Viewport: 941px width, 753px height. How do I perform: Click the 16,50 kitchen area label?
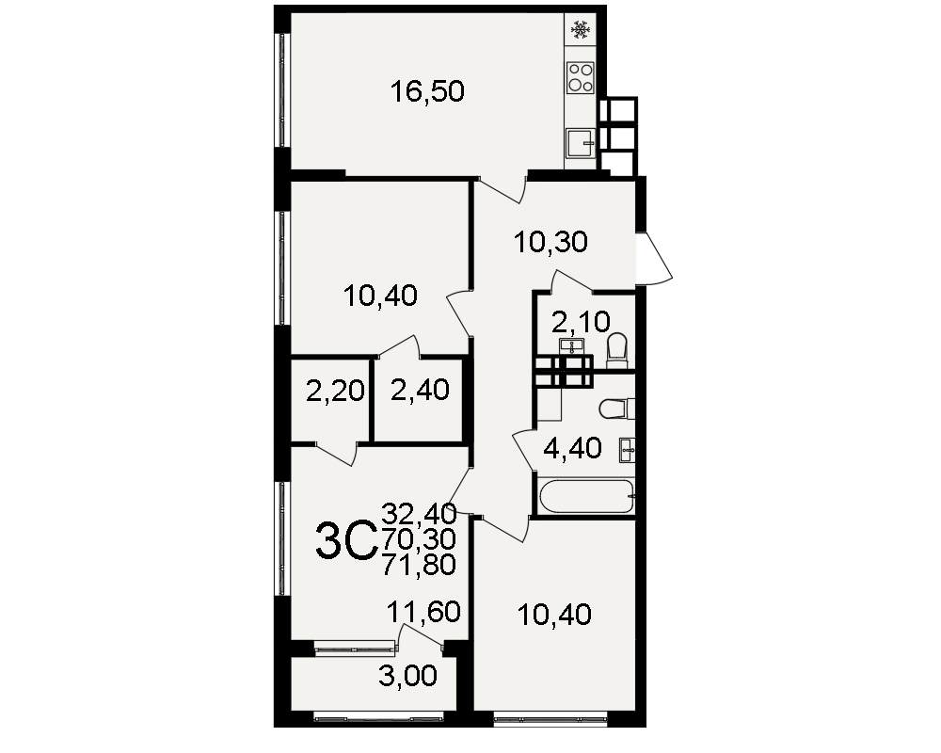(x=426, y=92)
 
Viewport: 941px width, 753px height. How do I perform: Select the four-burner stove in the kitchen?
(x=581, y=77)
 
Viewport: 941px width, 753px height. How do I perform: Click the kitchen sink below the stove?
(x=581, y=143)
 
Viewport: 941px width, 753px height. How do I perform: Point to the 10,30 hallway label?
(x=550, y=243)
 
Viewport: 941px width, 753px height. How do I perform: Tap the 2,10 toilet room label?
(x=581, y=323)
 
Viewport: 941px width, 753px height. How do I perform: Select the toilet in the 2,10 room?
(x=617, y=351)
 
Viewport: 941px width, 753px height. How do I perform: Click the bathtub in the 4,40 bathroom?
(x=586, y=497)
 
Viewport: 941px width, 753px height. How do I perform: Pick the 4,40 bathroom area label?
(x=572, y=449)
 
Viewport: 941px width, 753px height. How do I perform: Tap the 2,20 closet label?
(x=335, y=392)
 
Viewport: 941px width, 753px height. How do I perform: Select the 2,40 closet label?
(x=420, y=391)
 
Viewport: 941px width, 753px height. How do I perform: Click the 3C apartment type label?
(x=346, y=541)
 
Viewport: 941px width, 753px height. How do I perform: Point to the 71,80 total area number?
(x=419, y=565)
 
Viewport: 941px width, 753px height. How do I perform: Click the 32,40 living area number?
(x=419, y=514)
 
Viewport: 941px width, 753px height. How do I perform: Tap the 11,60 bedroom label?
(x=423, y=612)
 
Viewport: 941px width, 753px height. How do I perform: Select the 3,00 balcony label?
(x=407, y=677)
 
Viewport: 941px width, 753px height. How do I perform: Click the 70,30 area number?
(x=419, y=540)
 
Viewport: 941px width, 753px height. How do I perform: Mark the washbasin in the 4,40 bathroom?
(x=627, y=450)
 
